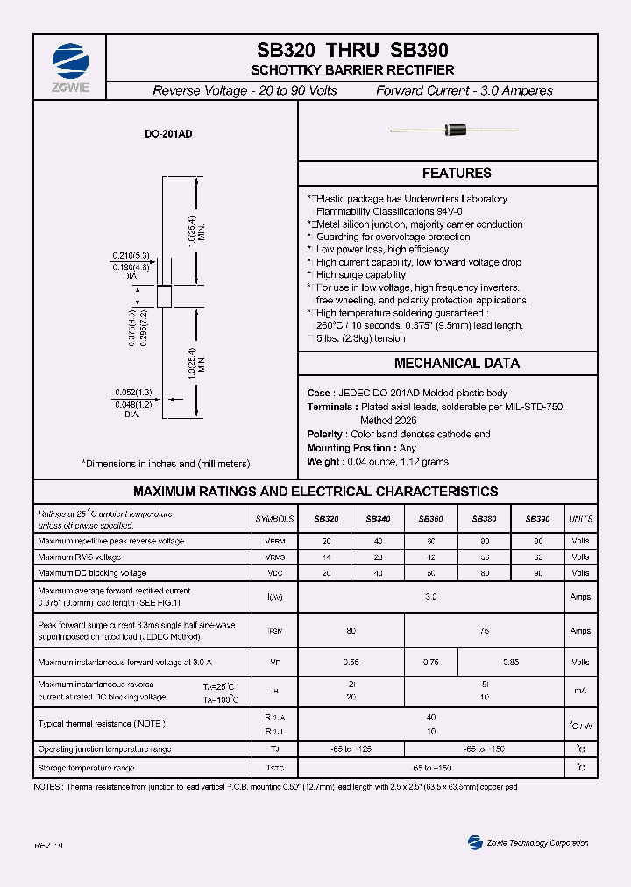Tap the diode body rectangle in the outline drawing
coord(164,295)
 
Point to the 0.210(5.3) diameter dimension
coord(131,255)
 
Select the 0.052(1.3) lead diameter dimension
coord(132,394)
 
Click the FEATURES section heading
coord(456,174)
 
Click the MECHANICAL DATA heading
coord(456,363)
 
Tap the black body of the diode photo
coord(457,131)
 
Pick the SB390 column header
coord(537,519)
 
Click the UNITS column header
coord(580,519)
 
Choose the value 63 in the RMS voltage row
coord(537,557)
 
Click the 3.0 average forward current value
coord(430,596)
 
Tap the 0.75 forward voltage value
coord(430,663)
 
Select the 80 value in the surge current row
coord(351,630)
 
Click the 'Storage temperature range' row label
coord(86,768)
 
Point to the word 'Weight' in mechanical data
coord(323,461)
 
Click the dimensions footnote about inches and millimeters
coord(166,463)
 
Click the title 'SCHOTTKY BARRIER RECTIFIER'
coord(352,70)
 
